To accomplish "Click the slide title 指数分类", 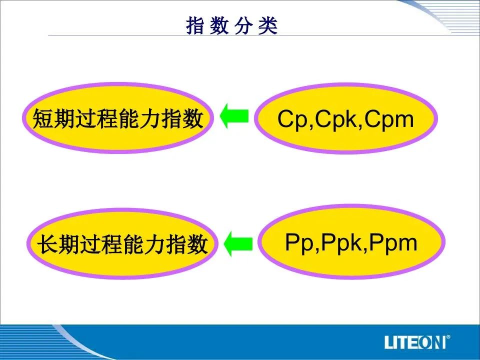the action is click(231, 25).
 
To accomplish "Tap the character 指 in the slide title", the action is click(195, 25).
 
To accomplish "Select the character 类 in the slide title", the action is click(268, 25).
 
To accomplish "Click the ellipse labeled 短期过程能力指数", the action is click(118, 118).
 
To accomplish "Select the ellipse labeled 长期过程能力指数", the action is click(122, 243).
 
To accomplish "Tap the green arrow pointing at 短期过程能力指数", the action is click(234, 116).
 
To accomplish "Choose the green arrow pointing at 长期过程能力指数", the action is click(238, 244).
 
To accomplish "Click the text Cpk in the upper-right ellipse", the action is click(335, 119).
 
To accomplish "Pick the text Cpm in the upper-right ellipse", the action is click(389, 119).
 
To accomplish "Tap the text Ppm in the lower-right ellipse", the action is click(393, 243).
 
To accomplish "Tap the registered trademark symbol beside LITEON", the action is click(448, 337).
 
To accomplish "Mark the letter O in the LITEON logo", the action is click(426, 342).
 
